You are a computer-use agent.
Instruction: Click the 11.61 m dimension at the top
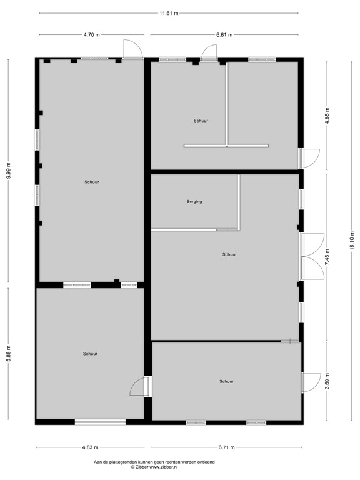click(168, 12)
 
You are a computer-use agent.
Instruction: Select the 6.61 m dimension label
click(224, 35)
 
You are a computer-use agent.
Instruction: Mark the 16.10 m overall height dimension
click(352, 239)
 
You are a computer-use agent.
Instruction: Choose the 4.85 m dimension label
click(327, 116)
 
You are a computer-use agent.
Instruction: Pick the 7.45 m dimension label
click(327, 257)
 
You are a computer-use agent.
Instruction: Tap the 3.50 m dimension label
click(327, 382)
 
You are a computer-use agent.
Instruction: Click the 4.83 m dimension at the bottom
click(90, 447)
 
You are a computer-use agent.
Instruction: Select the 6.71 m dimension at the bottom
click(224, 447)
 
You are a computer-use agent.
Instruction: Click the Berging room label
click(194, 202)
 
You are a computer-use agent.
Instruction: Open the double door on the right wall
click(312, 256)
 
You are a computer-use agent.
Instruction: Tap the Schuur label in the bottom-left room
click(90, 354)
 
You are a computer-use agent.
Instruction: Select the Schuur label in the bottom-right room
click(226, 381)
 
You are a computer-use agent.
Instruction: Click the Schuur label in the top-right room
click(201, 120)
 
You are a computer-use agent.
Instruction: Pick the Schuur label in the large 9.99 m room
click(92, 182)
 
